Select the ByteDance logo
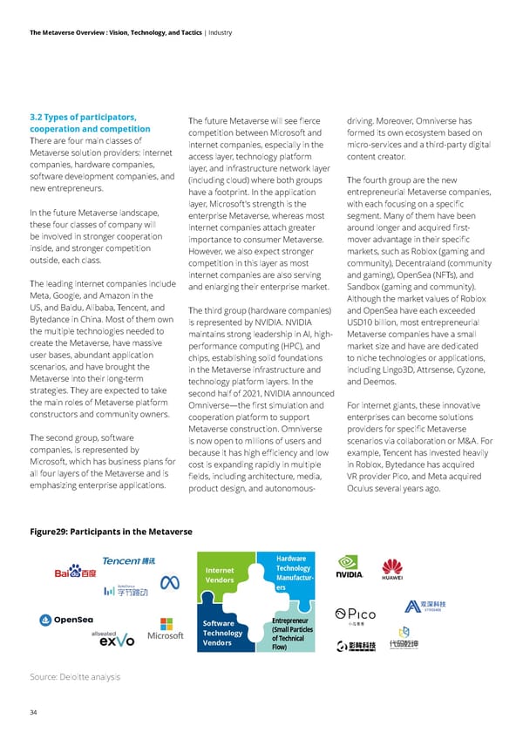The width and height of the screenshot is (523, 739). (x=127, y=591)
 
